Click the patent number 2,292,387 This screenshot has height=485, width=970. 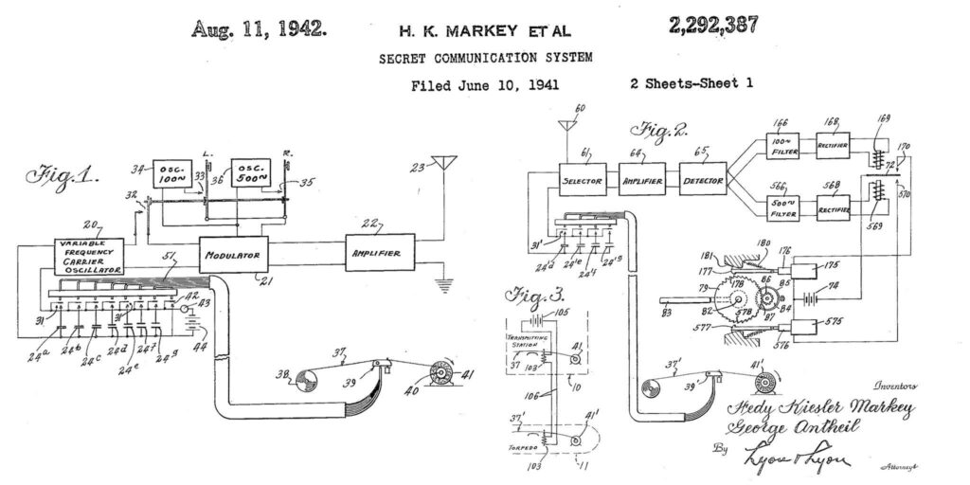pos(713,27)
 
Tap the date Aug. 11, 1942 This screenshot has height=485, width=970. pos(259,28)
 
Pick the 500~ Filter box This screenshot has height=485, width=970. pos(782,208)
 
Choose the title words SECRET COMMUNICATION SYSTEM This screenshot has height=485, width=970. pos(486,58)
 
